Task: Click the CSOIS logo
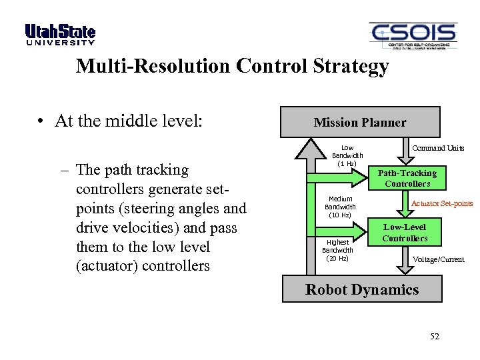point(413,36)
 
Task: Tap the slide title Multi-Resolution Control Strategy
point(232,67)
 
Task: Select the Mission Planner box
point(360,122)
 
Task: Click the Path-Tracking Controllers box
point(407,178)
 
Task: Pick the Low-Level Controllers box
point(405,233)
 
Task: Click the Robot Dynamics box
point(361,289)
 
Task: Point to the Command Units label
point(438,148)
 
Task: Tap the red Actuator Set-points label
point(442,203)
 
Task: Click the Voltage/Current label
point(438,259)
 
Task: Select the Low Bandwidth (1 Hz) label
point(347,156)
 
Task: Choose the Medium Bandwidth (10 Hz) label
point(340,207)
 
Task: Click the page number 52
point(435,336)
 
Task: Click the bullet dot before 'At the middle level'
point(41,121)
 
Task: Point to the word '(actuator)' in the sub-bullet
point(108,266)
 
